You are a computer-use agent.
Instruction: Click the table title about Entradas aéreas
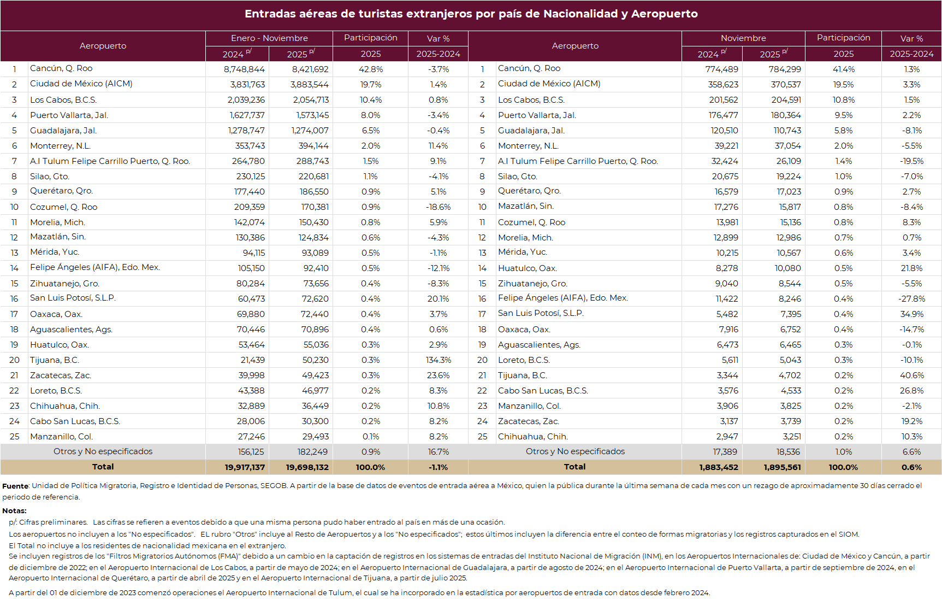471,14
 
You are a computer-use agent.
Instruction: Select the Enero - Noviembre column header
269,38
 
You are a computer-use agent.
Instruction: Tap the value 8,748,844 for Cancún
244,69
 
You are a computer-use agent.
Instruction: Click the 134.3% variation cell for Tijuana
438,360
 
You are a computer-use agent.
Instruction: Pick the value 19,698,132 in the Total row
307,467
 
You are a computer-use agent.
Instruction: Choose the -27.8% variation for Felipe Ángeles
911,299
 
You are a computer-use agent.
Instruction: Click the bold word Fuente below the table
15,486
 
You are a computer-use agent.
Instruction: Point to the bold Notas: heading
14,510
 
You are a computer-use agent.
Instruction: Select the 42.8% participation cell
370,69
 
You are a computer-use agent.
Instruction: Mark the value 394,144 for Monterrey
313,146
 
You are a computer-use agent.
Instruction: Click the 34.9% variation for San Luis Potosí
911,314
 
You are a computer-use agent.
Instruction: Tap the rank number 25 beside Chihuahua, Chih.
482,437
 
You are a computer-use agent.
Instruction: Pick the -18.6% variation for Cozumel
438,207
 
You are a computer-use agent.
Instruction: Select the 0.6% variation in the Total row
911,467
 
